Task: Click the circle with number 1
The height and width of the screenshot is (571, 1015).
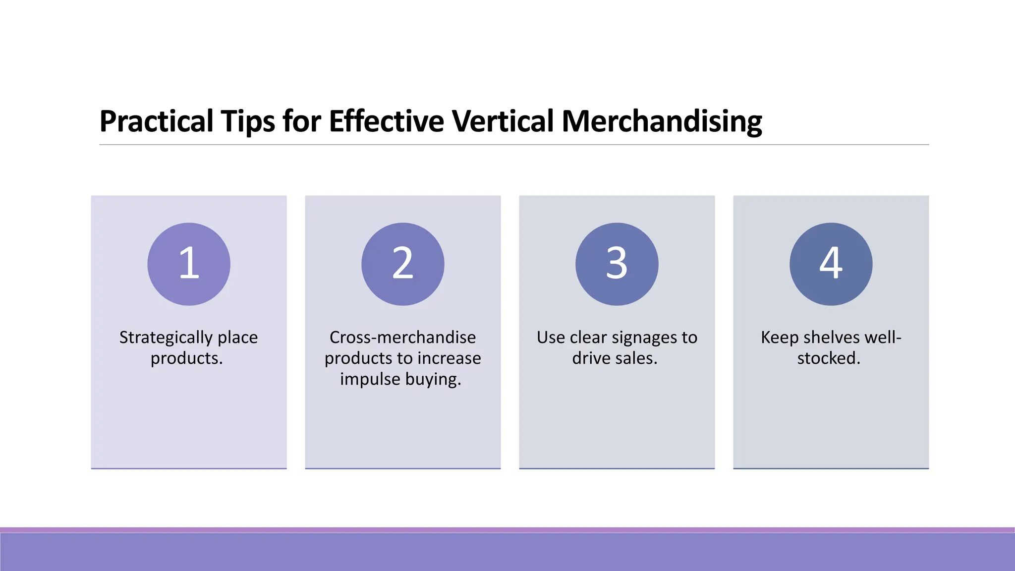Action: [x=189, y=264]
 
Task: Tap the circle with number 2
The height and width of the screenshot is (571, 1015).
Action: [x=402, y=264]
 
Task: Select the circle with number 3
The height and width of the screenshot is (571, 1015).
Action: [x=617, y=264]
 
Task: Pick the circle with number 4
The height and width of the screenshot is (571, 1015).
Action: [x=831, y=264]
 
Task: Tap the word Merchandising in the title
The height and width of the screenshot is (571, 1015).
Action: [x=662, y=121]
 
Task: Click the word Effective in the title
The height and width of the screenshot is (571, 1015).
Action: [x=386, y=121]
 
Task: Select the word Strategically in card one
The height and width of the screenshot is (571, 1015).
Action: [x=166, y=338]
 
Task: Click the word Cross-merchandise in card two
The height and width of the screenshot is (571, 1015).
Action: [x=402, y=338]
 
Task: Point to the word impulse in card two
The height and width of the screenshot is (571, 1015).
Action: [x=370, y=379]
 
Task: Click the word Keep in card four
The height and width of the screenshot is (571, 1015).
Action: [x=780, y=338]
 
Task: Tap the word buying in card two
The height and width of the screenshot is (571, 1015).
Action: [x=433, y=380]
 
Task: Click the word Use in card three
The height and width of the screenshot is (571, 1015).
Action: [x=551, y=338]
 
